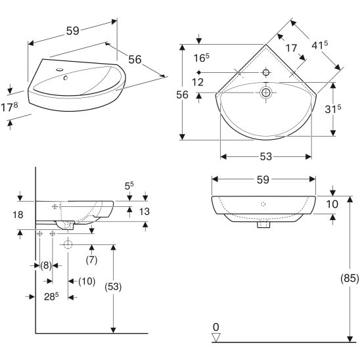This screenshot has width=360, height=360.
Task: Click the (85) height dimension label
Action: (349, 279)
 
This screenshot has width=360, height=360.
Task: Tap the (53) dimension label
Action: (113, 287)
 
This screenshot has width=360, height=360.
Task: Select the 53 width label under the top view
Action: (266, 156)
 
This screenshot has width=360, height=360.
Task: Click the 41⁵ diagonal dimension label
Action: (319, 45)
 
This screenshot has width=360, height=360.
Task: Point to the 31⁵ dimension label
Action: (333, 109)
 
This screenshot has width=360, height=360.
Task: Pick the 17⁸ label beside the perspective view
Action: (9, 107)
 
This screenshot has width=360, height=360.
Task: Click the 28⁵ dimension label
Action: (51, 296)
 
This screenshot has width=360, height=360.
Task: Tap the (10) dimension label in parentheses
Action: (87, 281)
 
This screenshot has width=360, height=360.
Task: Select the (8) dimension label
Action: (46, 265)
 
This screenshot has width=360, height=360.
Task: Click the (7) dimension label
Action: (91, 260)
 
